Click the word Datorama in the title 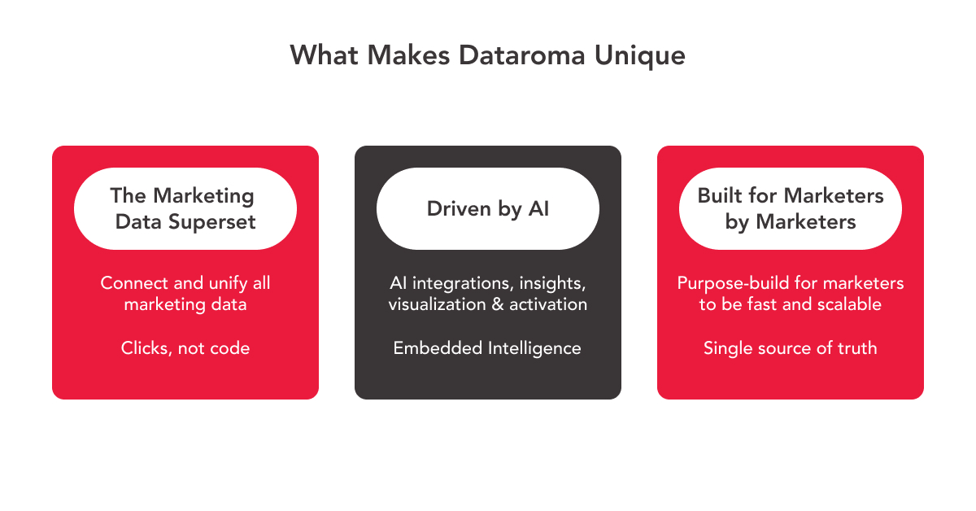coord(521,55)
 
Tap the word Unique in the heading coord(639,56)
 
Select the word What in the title coord(325,55)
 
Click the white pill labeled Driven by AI coord(487,208)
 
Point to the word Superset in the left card coord(211,222)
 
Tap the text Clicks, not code coord(185,348)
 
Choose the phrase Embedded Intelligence coord(487,348)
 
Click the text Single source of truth coord(790,348)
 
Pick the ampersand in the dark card coord(498,304)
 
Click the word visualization coord(437,304)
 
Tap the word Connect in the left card coord(133,283)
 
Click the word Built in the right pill coord(719,195)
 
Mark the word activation coord(548,304)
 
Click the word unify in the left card coord(229,283)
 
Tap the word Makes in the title coord(408,55)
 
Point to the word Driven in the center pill coord(459,209)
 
